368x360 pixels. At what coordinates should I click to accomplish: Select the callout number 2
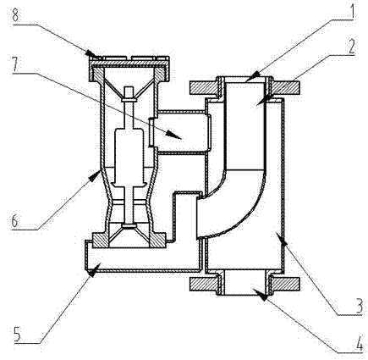point(350,47)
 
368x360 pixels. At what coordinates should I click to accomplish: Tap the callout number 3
point(358,306)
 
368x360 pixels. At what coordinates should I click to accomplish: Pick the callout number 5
point(17,335)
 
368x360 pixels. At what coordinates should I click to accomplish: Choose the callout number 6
point(14,220)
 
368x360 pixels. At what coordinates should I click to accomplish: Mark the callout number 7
point(16,64)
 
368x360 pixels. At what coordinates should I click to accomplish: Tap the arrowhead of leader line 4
point(260,295)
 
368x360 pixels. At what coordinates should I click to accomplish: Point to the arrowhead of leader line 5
point(94,269)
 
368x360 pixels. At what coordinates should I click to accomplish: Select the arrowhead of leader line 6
point(95,175)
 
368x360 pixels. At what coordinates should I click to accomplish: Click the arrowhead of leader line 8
point(91,53)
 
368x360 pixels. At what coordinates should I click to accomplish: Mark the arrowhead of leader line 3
point(282,238)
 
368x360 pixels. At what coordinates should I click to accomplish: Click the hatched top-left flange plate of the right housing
point(204,87)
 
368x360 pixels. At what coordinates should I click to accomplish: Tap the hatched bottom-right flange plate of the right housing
point(284,284)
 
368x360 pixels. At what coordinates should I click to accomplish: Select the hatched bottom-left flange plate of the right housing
point(204,284)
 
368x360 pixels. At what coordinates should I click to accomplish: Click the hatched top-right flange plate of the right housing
point(284,87)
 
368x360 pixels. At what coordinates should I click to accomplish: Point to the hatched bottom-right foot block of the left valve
point(157,240)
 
